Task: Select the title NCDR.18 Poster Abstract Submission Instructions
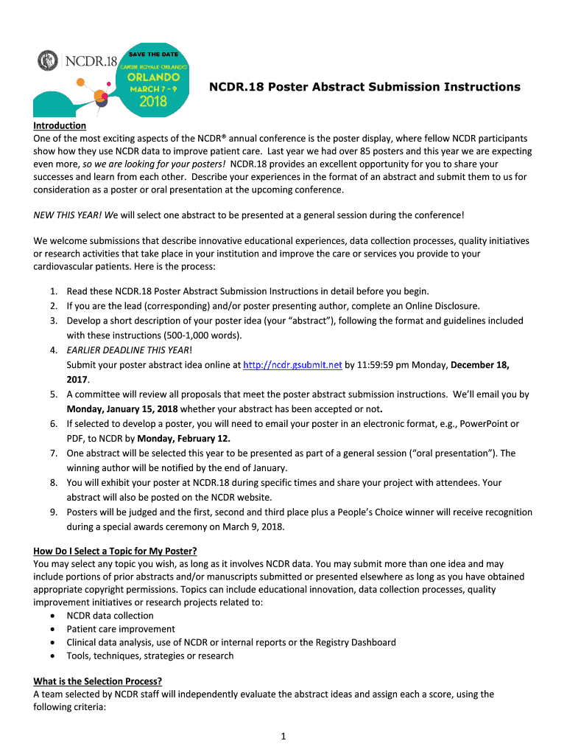pos(364,87)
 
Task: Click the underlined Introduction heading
pos(60,125)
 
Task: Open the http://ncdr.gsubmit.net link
pos(292,364)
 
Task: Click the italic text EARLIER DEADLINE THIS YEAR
pos(129,350)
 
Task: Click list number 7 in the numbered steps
pos(54,453)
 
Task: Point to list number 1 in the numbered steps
pos(54,291)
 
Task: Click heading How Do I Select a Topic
pos(116,551)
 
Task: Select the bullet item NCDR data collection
pos(110,616)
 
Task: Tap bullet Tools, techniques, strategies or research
pos(150,655)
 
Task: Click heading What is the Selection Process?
pos(97,681)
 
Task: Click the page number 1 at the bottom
pos(283,736)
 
